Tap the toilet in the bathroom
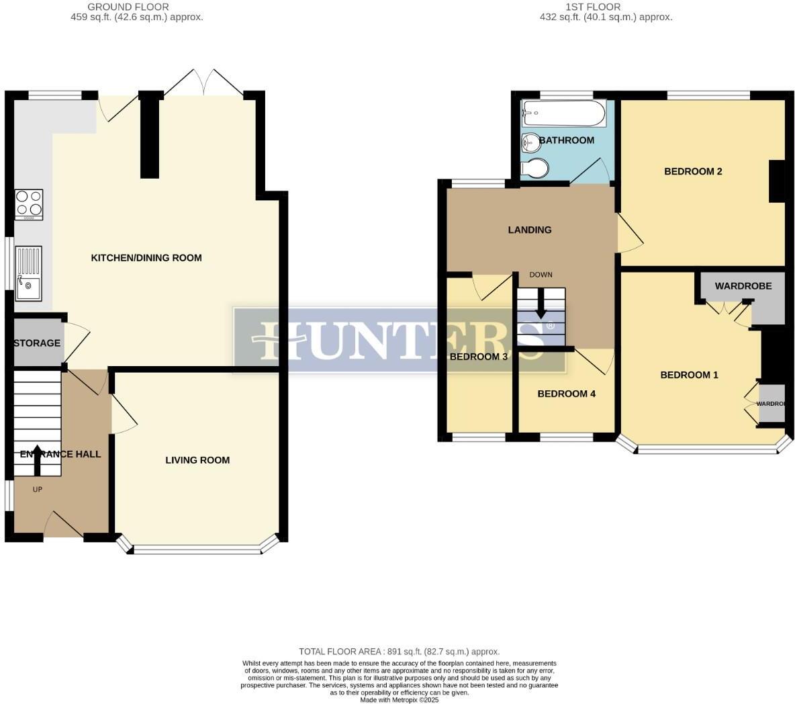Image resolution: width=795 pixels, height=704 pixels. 534,168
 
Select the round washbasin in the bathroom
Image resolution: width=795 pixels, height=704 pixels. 530,142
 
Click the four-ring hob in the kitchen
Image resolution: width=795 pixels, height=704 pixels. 29,204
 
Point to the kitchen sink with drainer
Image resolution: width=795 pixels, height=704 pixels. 28,273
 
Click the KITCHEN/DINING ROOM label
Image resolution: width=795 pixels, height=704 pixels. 146,258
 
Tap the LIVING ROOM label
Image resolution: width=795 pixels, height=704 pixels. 197,460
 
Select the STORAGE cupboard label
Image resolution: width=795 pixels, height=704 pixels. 37,343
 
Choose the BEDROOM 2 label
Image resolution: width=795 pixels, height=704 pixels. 693,171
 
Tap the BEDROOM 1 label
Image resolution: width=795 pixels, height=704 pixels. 689,375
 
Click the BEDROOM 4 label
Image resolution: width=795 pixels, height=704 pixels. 566,394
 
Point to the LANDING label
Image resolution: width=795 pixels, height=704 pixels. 529,230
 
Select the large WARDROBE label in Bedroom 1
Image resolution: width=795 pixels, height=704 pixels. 743,286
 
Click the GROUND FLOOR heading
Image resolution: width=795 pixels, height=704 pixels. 137,7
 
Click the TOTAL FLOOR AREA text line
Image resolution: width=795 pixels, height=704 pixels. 399,652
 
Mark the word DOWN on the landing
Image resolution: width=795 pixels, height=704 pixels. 541,275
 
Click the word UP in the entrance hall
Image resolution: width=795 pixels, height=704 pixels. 38,490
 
